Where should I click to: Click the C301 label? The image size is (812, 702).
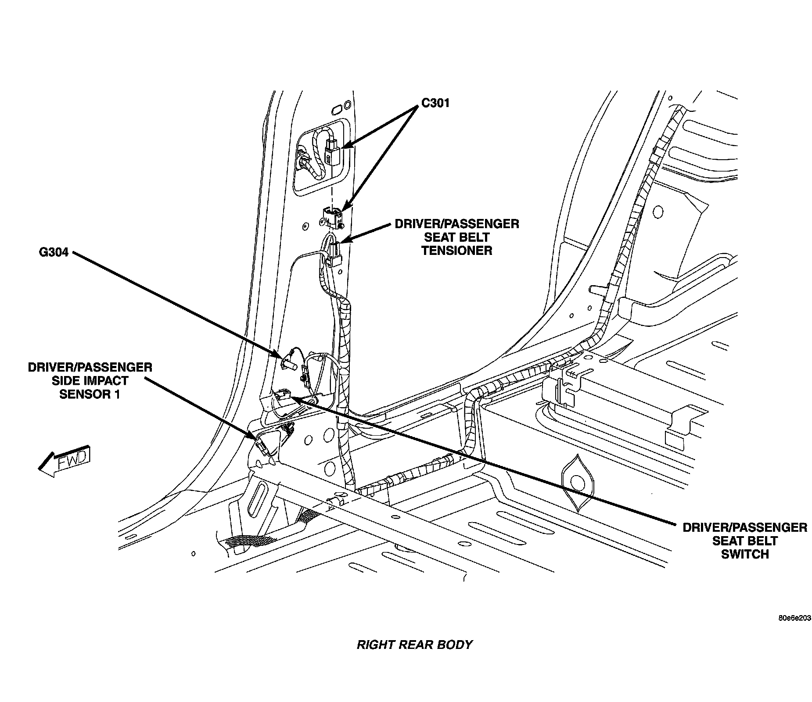[x=435, y=103]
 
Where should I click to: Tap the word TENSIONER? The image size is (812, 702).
[x=456, y=251]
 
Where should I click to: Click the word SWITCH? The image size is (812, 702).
[x=745, y=555]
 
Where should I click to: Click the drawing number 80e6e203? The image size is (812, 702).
[x=794, y=618]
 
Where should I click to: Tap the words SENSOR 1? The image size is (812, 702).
[x=90, y=394]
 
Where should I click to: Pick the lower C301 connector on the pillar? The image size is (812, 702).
[x=332, y=216]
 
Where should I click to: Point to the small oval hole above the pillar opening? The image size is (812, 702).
[x=338, y=108]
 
